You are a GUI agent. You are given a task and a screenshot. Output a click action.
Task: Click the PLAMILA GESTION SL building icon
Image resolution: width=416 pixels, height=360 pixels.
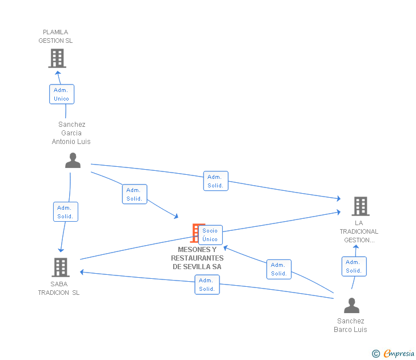[x=57, y=58]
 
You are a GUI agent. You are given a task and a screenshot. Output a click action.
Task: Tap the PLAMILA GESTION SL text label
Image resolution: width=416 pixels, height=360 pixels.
[x=55, y=37]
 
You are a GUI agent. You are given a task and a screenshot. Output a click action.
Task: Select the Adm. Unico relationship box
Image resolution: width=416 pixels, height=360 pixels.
[x=61, y=94]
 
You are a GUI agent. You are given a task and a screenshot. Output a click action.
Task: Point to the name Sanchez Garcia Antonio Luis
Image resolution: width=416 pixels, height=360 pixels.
[x=71, y=133]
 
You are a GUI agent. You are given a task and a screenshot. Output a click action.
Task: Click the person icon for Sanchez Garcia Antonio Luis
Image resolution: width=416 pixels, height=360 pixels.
[x=73, y=161]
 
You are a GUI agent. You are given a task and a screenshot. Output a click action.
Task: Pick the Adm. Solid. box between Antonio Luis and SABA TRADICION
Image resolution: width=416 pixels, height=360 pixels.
[x=65, y=212]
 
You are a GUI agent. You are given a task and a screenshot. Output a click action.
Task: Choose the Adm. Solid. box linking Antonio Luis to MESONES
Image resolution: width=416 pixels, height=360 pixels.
[x=134, y=194]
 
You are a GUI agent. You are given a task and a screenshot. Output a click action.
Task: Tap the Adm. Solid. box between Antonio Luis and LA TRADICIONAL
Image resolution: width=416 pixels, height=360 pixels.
[x=215, y=181]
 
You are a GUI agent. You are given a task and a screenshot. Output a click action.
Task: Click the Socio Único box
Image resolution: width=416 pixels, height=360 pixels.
[x=210, y=235]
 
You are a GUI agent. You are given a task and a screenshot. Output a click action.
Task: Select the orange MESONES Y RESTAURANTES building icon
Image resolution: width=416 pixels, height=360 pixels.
[x=195, y=233]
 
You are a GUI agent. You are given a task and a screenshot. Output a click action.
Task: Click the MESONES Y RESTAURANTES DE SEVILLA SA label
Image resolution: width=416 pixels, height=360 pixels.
[x=197, y=258]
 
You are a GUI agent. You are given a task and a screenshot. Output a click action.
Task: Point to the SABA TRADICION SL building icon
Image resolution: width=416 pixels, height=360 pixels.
[x=60, y=267]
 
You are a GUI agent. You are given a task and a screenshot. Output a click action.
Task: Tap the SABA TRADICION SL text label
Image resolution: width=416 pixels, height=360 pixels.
[x=59, y=289]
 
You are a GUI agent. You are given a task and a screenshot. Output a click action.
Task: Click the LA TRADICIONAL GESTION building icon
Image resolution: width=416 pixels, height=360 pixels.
[x=360, y=206]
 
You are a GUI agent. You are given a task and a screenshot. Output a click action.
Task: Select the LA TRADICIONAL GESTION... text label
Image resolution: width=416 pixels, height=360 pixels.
[x=359, y=231]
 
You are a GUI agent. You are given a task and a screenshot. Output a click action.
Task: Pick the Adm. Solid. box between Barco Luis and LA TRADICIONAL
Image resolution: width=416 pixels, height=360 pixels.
[x=354, y=266]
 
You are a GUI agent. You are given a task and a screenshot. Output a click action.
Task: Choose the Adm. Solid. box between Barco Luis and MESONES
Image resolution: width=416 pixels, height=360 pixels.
[x=279, y=269]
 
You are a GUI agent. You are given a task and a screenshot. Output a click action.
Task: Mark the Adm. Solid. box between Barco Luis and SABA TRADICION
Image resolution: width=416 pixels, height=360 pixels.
[x=207, y=285]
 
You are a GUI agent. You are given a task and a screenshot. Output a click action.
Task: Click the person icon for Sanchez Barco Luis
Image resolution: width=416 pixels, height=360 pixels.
[x=351, y=306]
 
